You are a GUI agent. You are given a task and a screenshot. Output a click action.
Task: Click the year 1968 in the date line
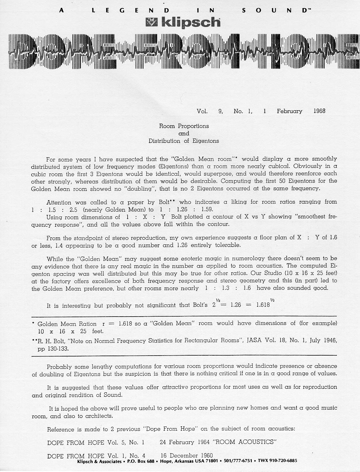coord(319,111)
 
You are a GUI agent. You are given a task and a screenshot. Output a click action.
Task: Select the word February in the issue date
coord(289,111)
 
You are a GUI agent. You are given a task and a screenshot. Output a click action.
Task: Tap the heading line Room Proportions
coord(184,126)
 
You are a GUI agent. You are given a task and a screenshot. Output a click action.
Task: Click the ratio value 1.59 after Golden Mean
coord(207,209)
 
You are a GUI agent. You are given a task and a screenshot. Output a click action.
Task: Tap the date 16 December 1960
coord(186,456)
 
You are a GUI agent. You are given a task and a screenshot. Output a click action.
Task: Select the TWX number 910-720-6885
coord(283,461)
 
